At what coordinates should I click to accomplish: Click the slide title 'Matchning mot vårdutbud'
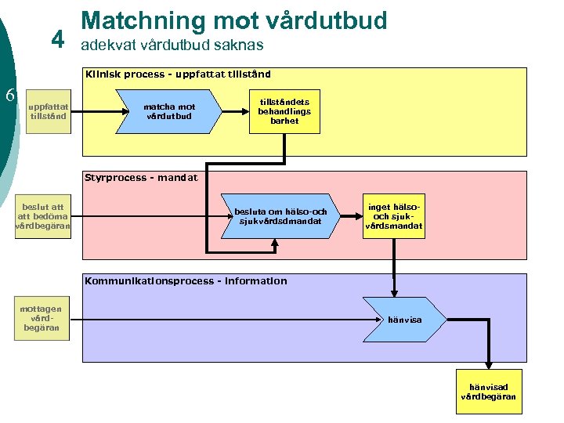233,20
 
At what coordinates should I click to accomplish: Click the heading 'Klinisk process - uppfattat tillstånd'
179,74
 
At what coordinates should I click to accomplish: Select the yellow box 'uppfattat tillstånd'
49,111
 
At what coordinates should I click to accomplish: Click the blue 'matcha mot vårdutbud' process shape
169,111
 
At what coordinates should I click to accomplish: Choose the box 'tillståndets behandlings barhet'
284,111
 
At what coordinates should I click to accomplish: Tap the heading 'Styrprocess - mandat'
141,178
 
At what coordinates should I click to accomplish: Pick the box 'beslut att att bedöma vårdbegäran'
43,216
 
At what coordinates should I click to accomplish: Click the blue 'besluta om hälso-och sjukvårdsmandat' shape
280,216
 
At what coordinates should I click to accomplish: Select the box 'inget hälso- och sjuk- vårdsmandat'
393,216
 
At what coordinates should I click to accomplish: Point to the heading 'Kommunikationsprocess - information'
186,281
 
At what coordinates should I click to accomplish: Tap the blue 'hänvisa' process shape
404,320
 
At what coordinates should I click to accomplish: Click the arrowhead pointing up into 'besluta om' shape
275,244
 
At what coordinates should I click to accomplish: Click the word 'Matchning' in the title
128,20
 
